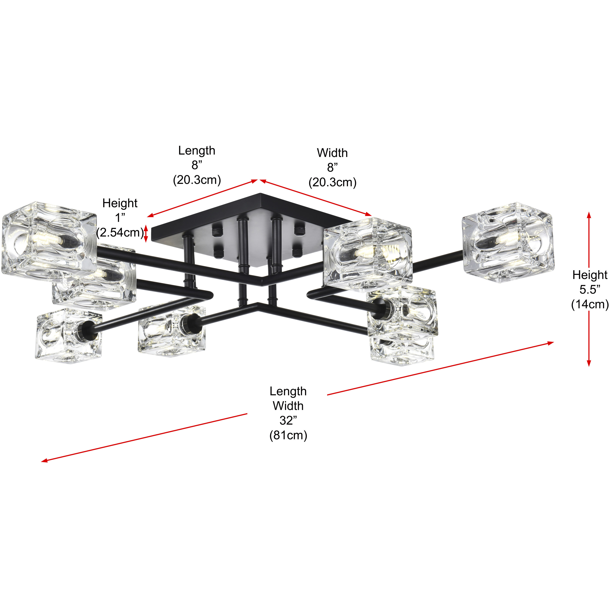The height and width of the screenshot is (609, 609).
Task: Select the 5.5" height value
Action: pyautogui.click(x=590, y=289)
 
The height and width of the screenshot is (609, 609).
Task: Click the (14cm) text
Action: pyautogui.click(x=590, y=304)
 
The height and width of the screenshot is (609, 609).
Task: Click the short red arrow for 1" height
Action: pyautogui.click(x=146, y=234)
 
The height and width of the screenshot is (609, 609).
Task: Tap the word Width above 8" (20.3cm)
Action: pyautogui.click(x=332, y=153)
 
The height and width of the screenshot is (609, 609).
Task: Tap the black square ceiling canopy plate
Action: pyautogui.click(x=252, y=217)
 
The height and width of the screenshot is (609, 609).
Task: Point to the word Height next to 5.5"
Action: pyautogui.click(x=590, y=275)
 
